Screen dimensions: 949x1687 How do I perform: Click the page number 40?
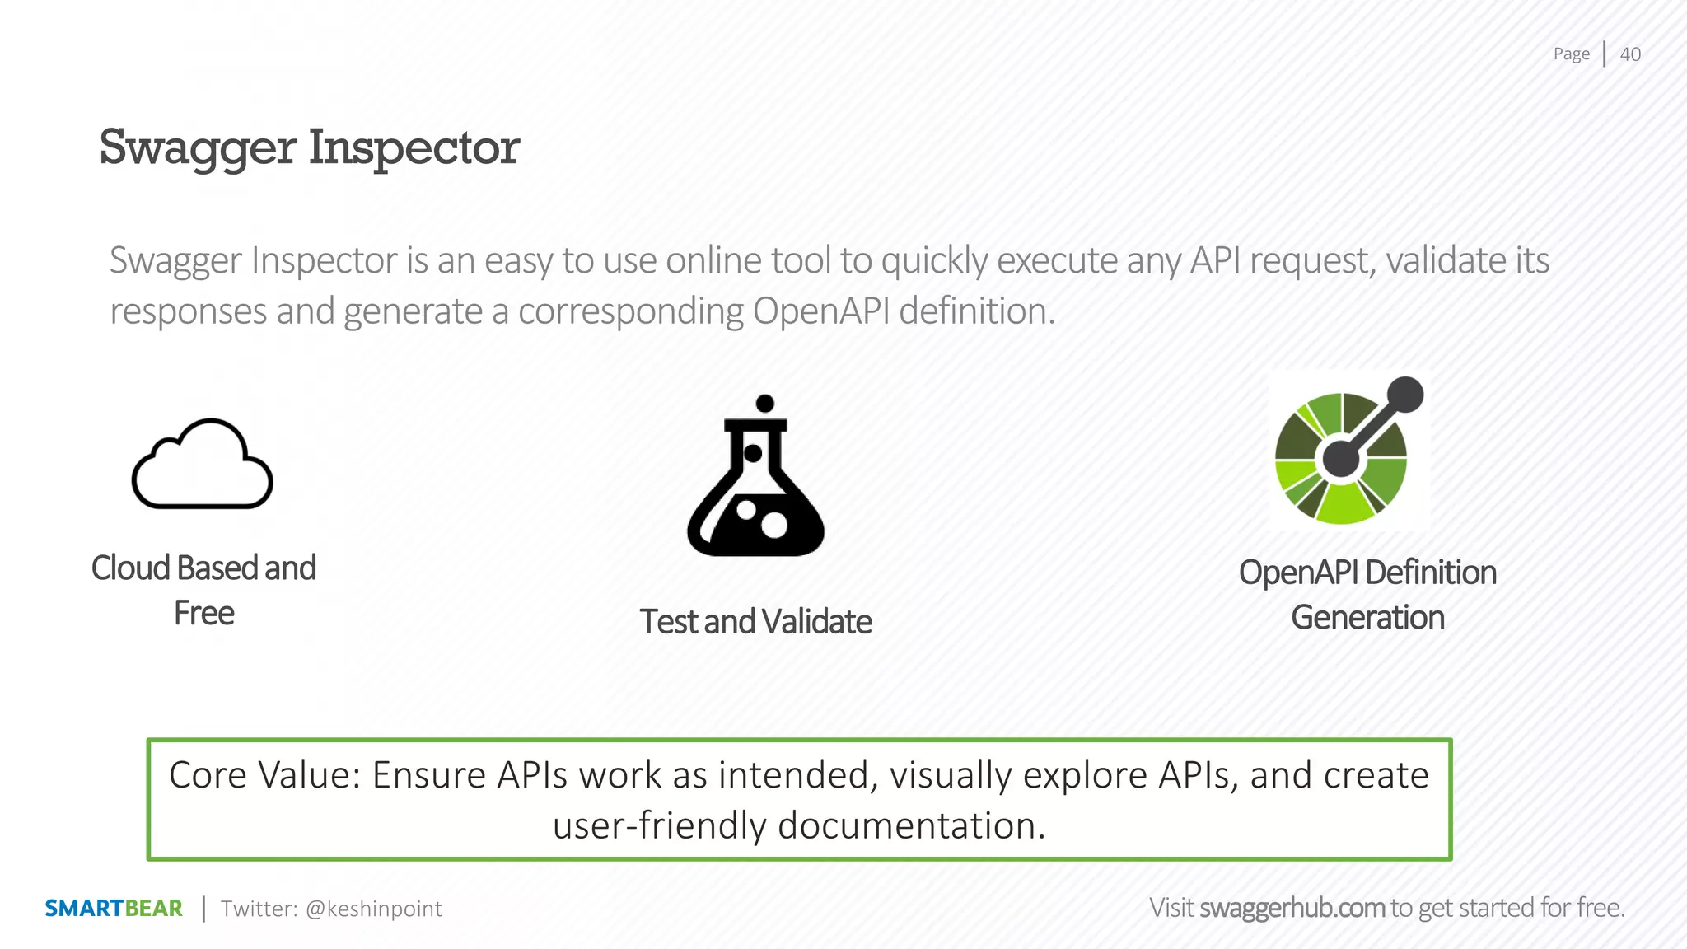click(x=1629, y=54)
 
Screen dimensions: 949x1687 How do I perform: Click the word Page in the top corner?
click(x=1571, y=54)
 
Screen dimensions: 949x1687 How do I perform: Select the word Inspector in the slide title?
click(x=414, y=148)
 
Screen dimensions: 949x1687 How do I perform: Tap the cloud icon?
click(x=203, y=465)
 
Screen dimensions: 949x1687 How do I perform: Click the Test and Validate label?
click(x=755, y=622)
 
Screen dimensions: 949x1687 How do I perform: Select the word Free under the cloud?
click(x=204, y=614)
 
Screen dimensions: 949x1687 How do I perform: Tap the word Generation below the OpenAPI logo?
click(x=1367, y=618)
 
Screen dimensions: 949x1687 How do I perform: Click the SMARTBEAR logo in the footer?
click(x=114, y=909)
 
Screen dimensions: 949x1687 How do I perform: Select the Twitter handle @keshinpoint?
click(x=373, y=909)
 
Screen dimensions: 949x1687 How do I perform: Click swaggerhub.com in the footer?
click(x=1292, y=908)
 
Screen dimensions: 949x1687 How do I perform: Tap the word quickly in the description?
click(x=934, y=261)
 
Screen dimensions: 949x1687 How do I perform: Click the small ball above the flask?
click(x=764, y=403)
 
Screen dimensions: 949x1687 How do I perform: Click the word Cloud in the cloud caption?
click(x=130, y=568)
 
